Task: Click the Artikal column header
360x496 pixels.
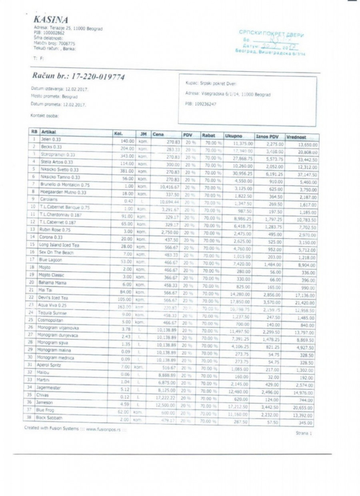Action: pyautogui.click(x=48, y=132)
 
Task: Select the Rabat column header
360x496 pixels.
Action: pyautogui.click(x=209, y=135)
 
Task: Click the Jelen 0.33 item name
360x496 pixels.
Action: pyautogui.click(x=50, y=139)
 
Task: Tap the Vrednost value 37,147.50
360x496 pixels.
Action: pyautogui.click(x=306, y=175)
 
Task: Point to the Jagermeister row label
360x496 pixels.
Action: pyautogui.click(x=49, y=387)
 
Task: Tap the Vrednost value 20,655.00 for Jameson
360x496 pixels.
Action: pyautogui.click(x=304, y=407)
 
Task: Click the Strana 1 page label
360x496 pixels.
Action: pyautogui.click(x=303, y=433)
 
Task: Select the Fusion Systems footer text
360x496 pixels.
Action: pyautogui.click(x=75, y=428)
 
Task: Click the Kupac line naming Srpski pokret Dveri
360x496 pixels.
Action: pyautogui.click(x=211, y=84)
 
